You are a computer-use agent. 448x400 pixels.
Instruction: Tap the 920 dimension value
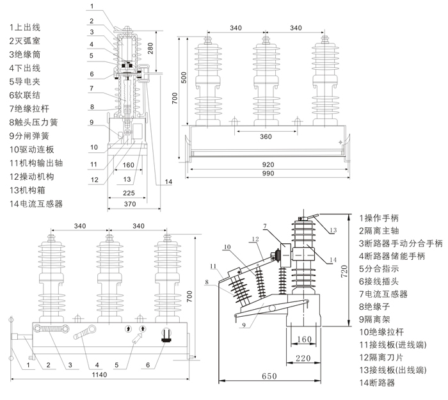point(269,164)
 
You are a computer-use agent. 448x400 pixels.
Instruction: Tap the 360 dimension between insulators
point(266,137)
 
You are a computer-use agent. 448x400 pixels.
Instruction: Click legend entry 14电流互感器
point(36,204)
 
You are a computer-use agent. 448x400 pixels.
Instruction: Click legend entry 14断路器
point(377,383)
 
